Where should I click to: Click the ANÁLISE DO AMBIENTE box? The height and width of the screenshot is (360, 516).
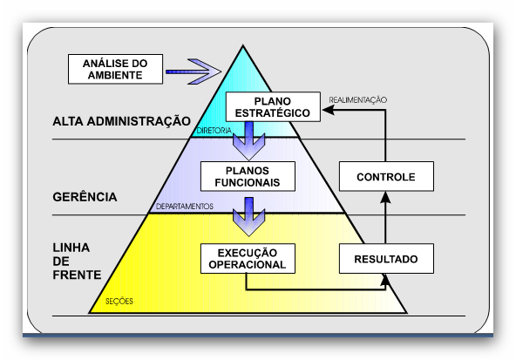(115, 69)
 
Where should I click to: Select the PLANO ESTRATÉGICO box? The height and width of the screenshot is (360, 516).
(273, 107)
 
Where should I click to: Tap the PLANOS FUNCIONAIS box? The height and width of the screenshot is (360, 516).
(248, 176)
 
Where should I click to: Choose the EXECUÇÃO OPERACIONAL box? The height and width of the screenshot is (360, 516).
(248, 259)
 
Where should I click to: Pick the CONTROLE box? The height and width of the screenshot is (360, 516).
(386, 176)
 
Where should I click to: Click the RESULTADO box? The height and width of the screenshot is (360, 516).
(386, 259)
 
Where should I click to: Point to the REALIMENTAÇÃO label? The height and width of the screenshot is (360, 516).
(357, 100)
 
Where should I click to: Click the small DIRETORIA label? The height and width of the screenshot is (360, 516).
(214, 131)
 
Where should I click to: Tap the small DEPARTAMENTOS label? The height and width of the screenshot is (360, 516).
(184, 207)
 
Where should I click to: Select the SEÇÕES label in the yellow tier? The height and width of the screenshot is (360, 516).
(119, 301)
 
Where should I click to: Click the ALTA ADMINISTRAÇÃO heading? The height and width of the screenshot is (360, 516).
(121, 121)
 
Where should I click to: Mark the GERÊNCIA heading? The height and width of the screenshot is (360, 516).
(85, 197)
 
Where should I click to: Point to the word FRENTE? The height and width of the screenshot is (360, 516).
(77, 275)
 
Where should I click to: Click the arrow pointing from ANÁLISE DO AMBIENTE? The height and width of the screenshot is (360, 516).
(193, 71)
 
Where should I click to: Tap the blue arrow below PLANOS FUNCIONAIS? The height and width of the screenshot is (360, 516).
(248, 216)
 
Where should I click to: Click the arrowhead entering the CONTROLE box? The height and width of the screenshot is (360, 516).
(385, 198)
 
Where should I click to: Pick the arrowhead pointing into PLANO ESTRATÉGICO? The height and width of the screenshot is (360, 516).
(328, 110)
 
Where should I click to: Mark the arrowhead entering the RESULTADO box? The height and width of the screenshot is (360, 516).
(385, 280)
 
